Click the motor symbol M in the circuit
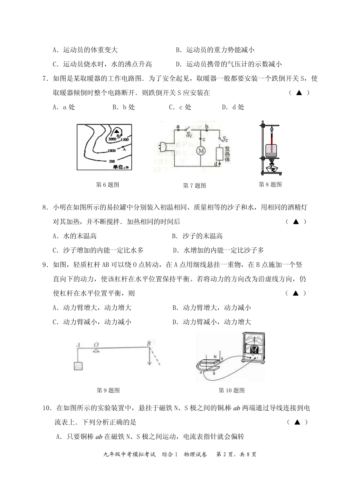(202, 151)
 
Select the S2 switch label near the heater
(225, 139)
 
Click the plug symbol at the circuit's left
(164, 146)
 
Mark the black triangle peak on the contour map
(117, 130)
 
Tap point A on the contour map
(124, 149)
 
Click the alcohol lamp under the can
(271, 166)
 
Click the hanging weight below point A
(78, 367)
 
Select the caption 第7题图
(194, 186)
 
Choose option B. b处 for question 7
(124, 107)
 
